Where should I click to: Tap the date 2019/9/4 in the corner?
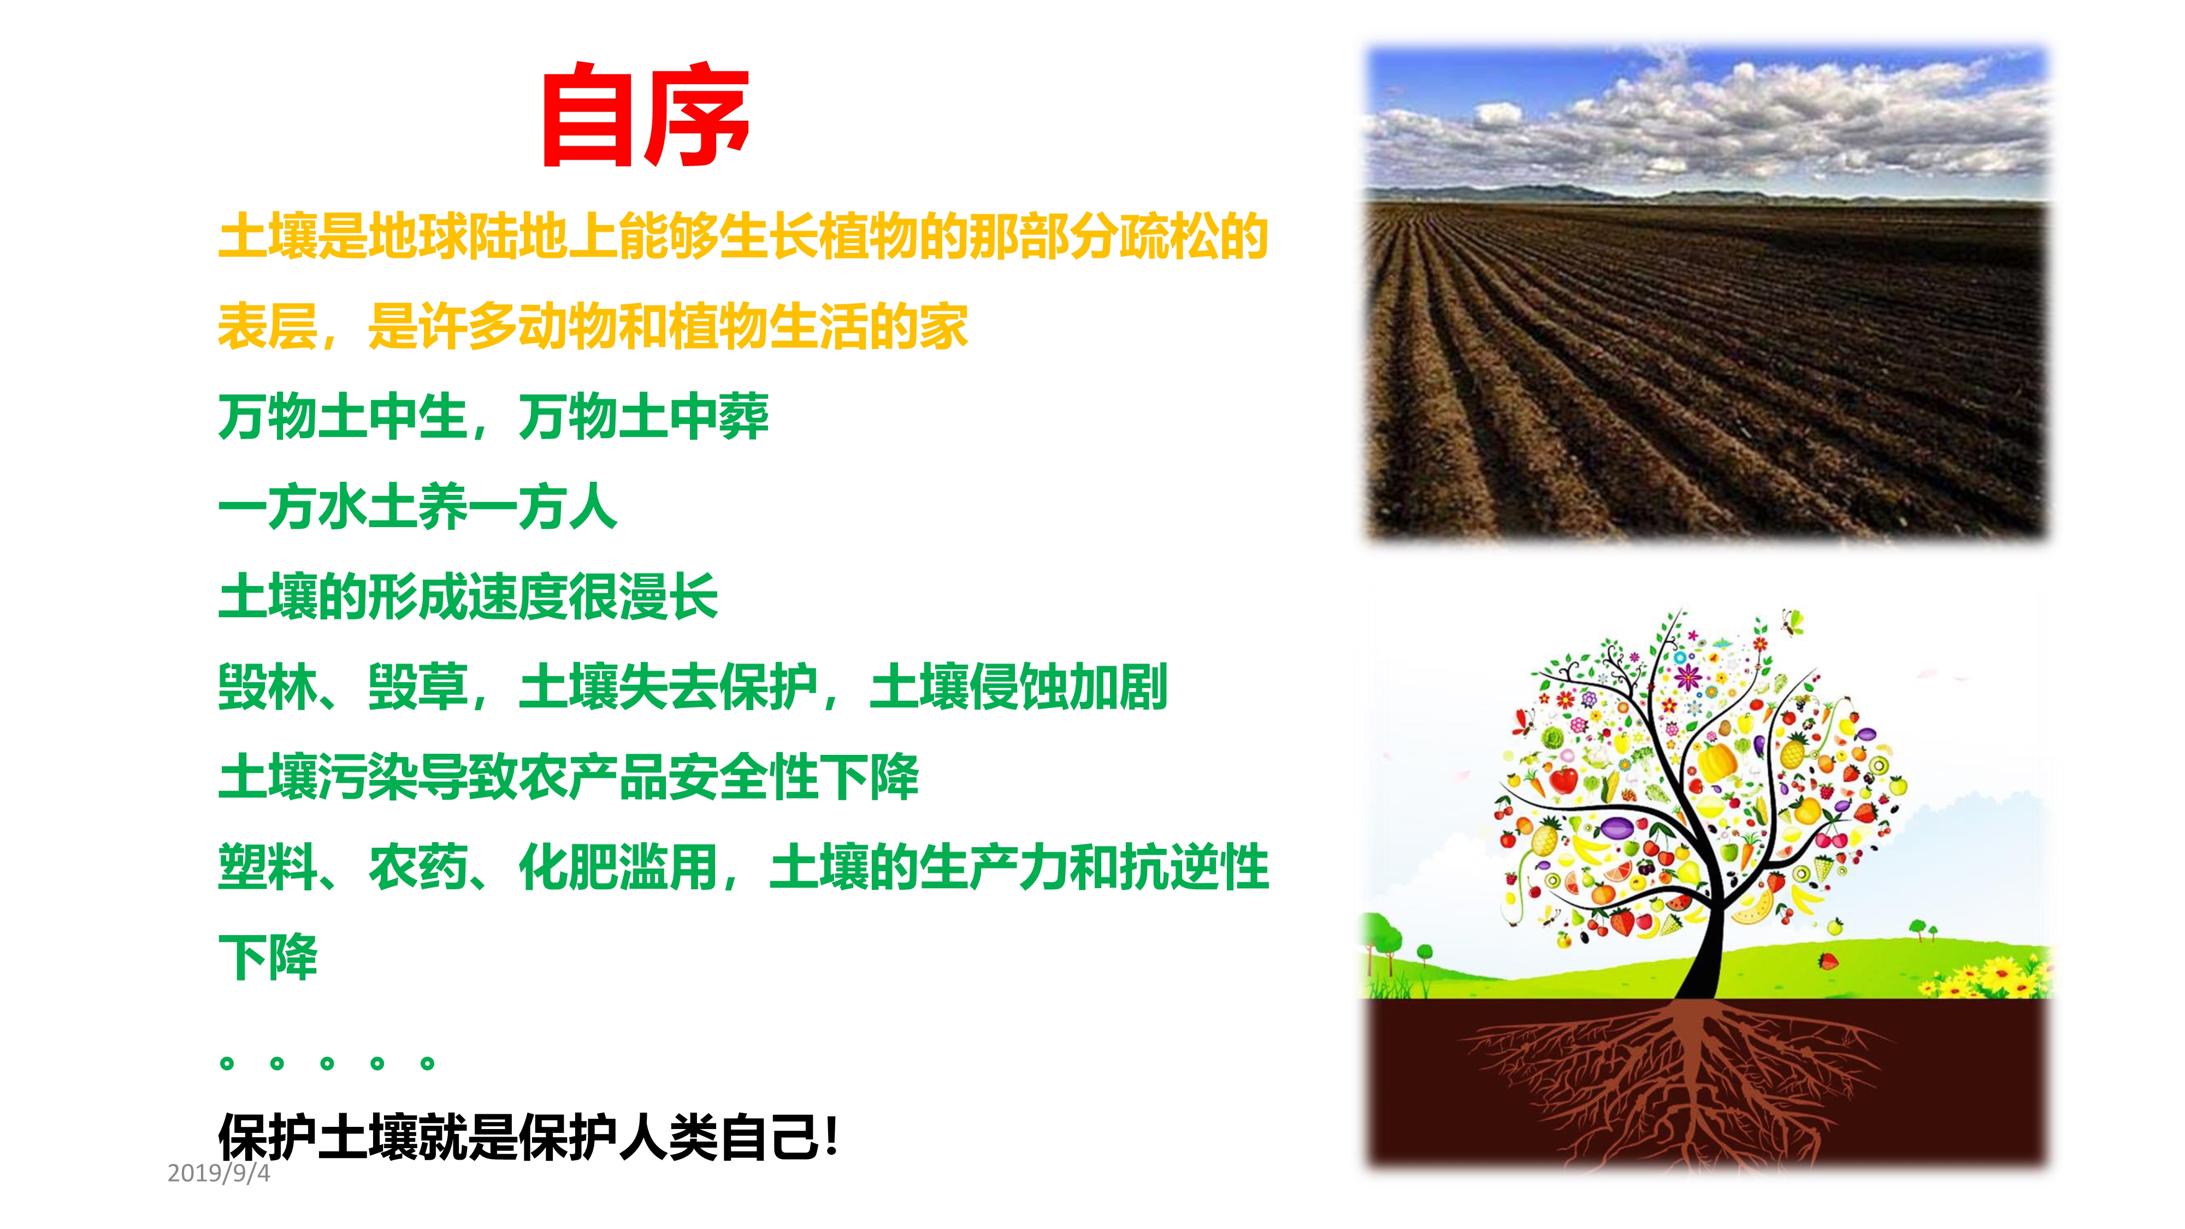coord(219,1173)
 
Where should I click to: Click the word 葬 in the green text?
coord(744,417)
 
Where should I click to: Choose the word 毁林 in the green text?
coord(268,687)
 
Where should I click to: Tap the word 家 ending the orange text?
coord(943,327)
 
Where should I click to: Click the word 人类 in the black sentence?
coord(669,1137)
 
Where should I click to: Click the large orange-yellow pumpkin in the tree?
coord(1716,761)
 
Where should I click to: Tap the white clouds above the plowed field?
coord(1705,119)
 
